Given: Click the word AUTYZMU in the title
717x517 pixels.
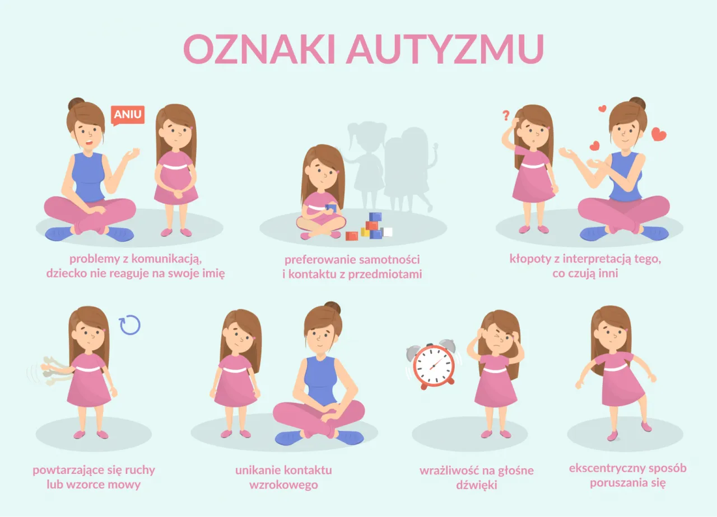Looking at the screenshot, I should click(445, 49).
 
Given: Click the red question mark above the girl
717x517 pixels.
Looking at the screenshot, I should click(506, 116).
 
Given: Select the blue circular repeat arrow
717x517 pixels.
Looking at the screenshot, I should click(130, 325).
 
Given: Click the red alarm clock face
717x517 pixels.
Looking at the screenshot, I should click(434, 365).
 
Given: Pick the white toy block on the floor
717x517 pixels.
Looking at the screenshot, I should click(387, 232).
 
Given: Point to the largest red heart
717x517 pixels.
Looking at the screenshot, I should click(659, 134).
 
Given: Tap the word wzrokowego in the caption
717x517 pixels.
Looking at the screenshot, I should click(283, 485).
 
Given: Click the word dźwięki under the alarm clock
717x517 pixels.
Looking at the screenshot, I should click(476, 485).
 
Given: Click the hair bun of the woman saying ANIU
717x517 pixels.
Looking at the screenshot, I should click(77, 104).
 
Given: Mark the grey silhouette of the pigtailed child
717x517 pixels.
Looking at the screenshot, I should click(367, 162).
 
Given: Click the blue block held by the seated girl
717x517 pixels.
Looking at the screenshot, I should click(330, 208).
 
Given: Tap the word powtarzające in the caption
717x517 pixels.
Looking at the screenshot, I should click(72, 469).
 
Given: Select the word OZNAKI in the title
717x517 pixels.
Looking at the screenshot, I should click(259, 49).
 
